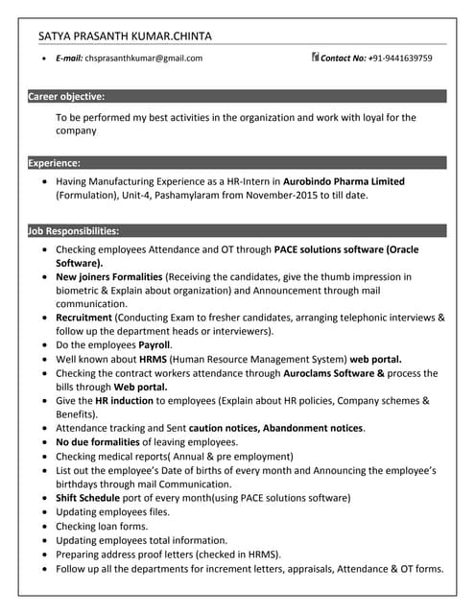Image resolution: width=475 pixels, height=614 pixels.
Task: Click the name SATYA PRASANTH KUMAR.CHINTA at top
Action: tap(126, 36)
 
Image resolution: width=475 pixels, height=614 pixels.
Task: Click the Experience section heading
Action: tap(55, 163)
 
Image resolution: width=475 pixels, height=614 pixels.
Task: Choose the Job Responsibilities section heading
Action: tap(74, 231)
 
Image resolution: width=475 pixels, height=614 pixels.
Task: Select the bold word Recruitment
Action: tap(83, 318)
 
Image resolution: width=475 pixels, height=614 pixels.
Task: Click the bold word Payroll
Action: tap(154, 344)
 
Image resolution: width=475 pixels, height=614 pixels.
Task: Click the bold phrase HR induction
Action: tap(125, 400)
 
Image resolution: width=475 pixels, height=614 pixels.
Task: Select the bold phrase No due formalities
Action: tap(101, 442)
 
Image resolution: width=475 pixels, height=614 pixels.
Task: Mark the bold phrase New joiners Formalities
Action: tap(109, 276)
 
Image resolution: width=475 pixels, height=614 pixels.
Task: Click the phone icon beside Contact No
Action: tap(315, 58)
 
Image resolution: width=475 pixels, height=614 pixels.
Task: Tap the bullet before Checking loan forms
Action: tap(44, 527)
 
